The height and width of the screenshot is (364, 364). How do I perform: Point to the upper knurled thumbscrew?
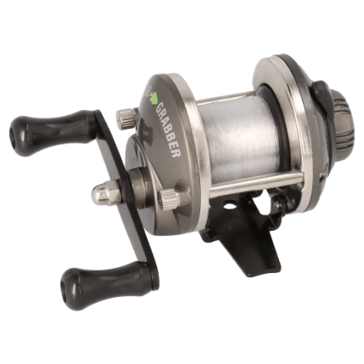click(127, 118)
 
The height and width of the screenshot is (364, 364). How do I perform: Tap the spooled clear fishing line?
click(239, 138)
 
